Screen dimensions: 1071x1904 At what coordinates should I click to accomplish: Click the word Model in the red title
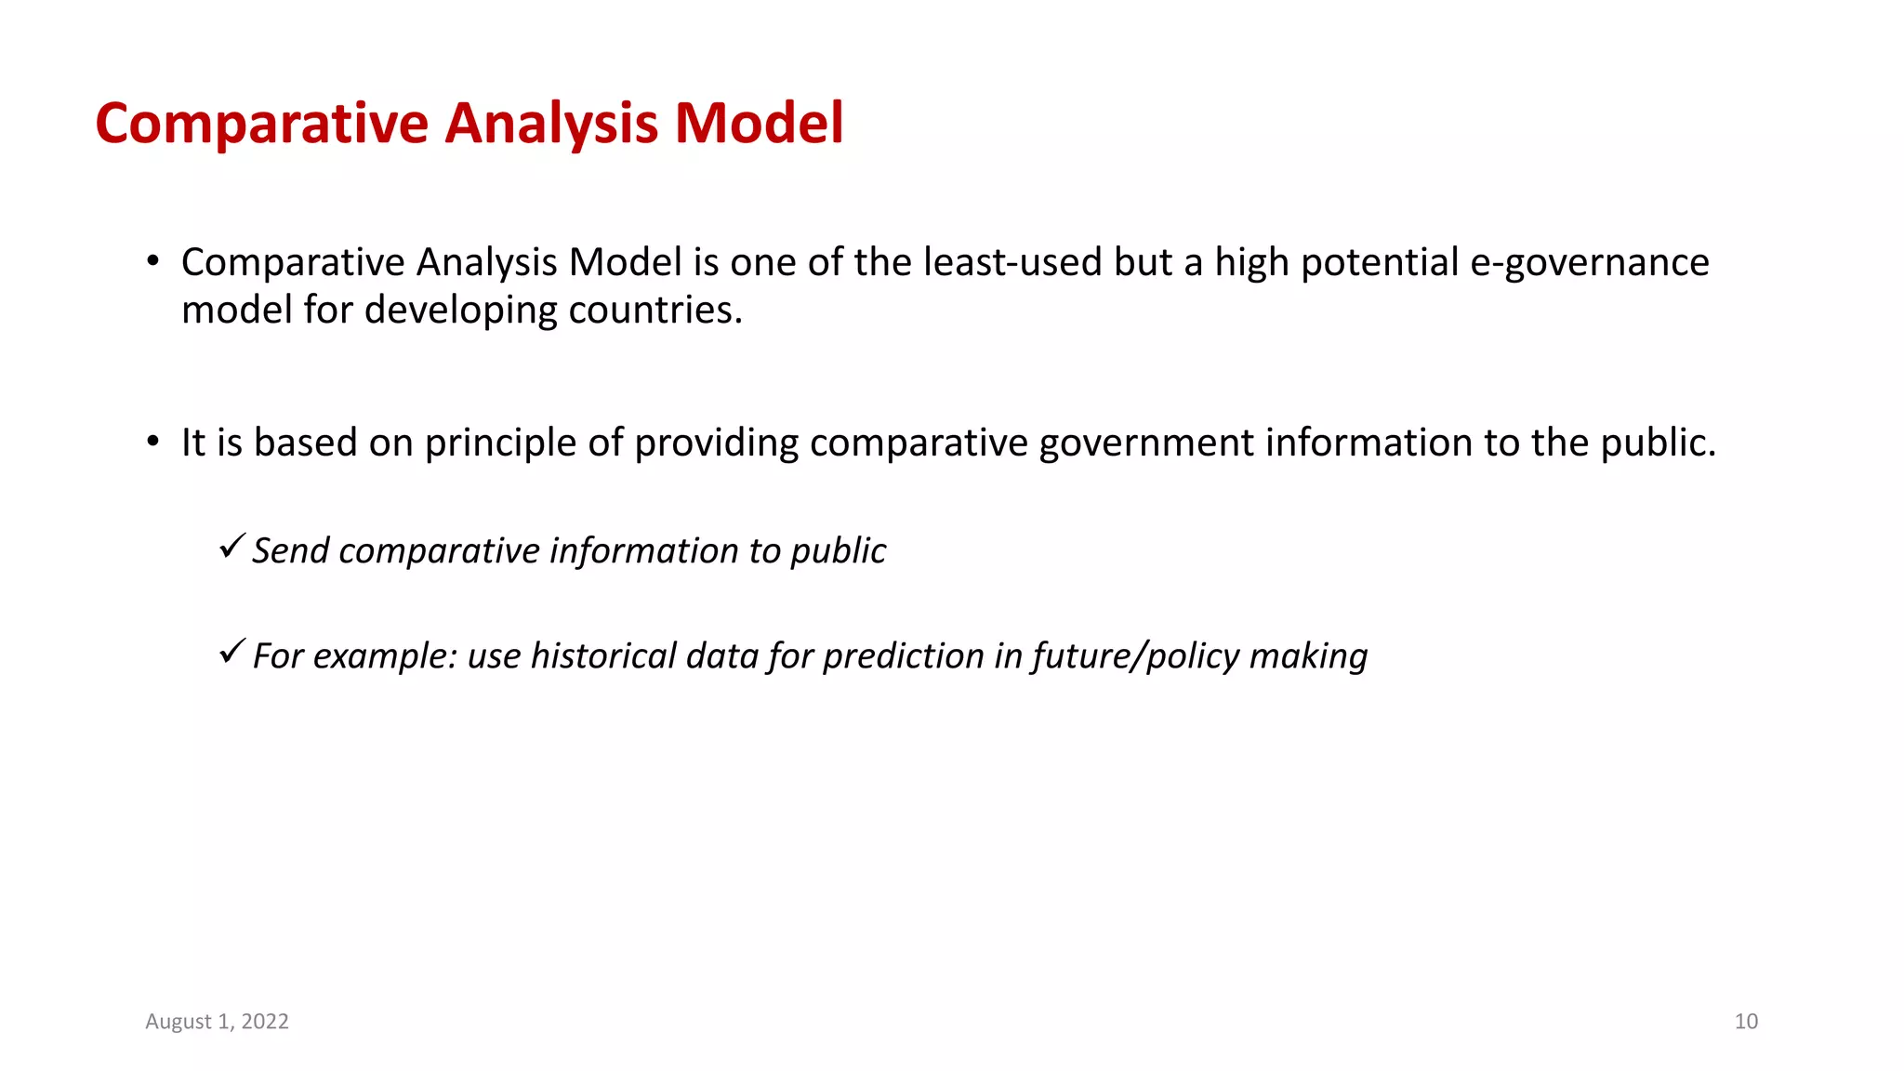[759, 123]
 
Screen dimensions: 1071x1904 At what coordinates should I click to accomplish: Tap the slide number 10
[1746, 1021]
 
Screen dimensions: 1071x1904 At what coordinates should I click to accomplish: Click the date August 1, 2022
[217, 1021]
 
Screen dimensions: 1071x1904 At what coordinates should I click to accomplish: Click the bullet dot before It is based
[153, 443]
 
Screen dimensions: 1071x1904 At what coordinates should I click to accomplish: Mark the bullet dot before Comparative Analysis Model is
[153, 262]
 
